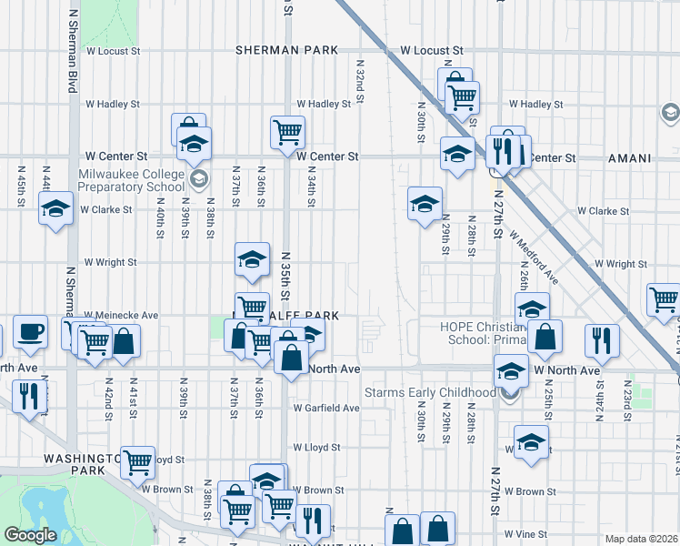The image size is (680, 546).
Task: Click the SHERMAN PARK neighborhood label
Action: (286, 50)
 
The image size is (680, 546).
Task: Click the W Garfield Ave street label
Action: (325, 408)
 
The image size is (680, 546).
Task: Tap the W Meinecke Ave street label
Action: (121, 315)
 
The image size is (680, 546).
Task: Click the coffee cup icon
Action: (29, 332)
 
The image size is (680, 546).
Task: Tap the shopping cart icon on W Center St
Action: (287, 133)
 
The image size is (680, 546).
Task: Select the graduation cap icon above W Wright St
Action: (252, 260)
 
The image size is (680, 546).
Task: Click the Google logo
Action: (29, 535)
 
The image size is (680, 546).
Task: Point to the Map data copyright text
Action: (641, 539)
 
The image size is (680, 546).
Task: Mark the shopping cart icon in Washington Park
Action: (137, 462)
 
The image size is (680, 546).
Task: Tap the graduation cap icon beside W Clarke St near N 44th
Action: (56, 208)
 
